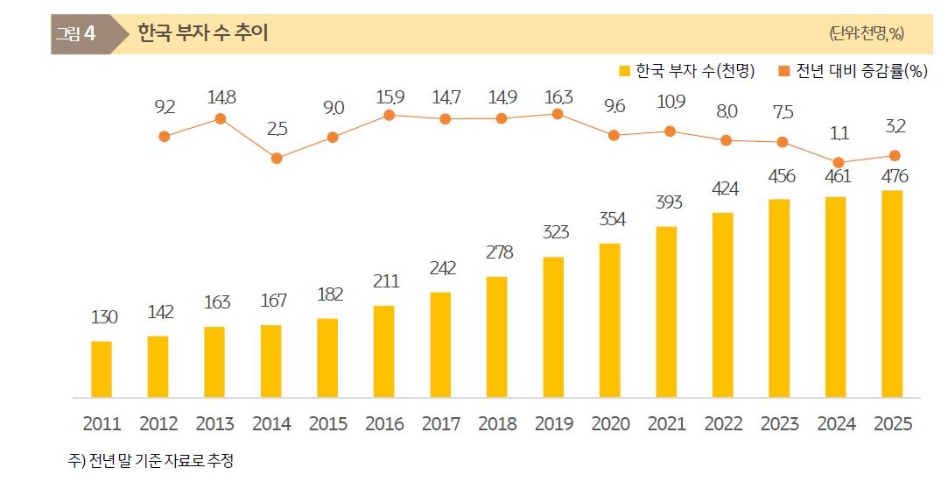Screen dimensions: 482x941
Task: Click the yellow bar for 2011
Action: pos(102,369)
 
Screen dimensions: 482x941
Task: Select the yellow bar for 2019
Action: pos(553,327)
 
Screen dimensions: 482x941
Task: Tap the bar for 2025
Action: pos(892,294)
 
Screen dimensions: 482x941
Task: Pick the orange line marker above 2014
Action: pos(277,159)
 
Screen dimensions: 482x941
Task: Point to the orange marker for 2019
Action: pos(558,113)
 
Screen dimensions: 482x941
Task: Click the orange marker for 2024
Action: pos(839,162)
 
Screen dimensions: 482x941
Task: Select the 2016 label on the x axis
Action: pos(383,424)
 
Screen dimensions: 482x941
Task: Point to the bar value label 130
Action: pos(104,316)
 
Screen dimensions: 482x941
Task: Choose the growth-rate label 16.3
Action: pos(558,97)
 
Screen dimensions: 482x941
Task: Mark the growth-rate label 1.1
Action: pos(839,134)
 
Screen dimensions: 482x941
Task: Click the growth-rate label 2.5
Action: pos(277,129)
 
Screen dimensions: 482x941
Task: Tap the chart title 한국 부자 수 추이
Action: pos(202,33)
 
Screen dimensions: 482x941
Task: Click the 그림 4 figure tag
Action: pos(75,34)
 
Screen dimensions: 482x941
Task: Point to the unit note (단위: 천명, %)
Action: pos(866,34)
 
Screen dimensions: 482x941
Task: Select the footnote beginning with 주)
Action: pos(151,459)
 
